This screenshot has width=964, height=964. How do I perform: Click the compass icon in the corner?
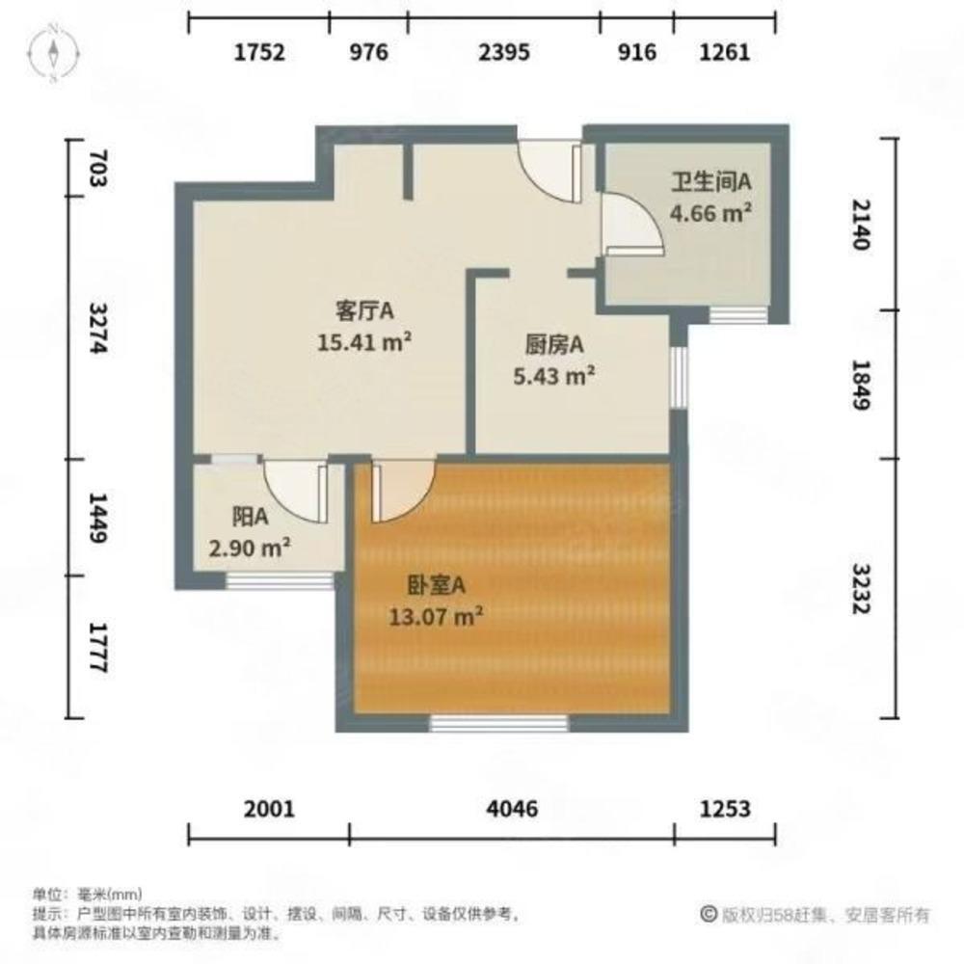(x=55, y=52)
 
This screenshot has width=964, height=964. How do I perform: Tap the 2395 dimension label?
(x=504, y=53)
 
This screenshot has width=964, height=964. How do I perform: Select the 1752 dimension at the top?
(x=259, y=53)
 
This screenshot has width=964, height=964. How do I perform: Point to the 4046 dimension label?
(x=510, y=808)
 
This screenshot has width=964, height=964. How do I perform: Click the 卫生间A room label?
(x=711, y=181)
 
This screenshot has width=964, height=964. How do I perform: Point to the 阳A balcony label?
(x=250, y=518)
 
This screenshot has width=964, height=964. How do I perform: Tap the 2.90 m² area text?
(x=251, y=549)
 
